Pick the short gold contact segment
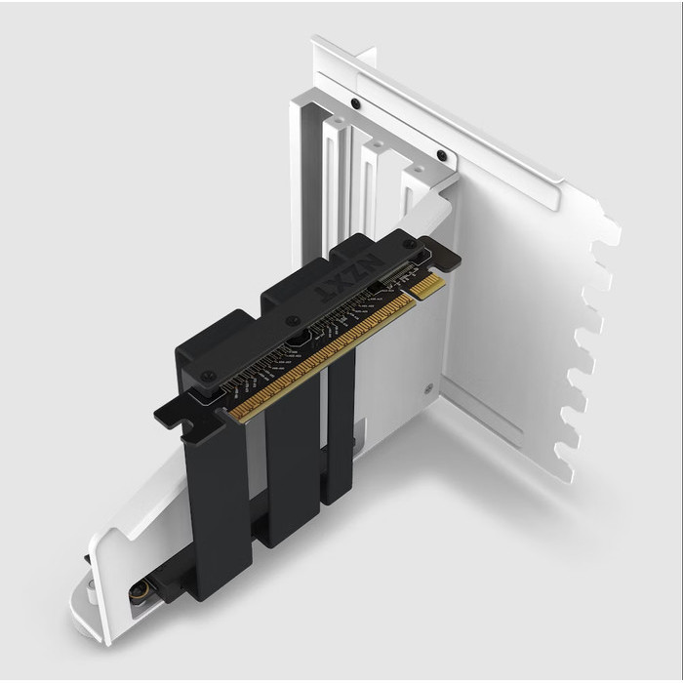427,286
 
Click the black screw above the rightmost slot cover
442,155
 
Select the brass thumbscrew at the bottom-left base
139,590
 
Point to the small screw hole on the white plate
428,387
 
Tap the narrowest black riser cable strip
340,429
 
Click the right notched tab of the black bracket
444,256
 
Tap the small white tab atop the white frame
365,57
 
